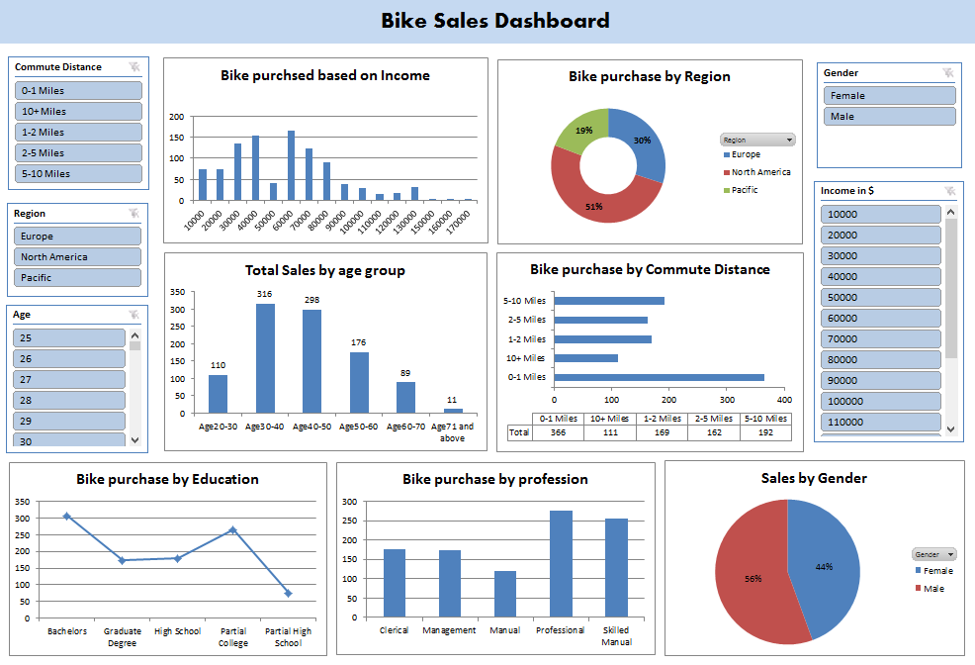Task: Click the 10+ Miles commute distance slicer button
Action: click(x=78, y=112)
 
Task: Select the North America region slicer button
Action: click(x=78, y=257)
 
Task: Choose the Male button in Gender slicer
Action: click(x=889, y=117)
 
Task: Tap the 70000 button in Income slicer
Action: click(x=880, y=339)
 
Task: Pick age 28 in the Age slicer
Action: click(x=69, y=401)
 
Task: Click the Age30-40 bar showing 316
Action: click(x=265, y=357)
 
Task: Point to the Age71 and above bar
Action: click(x=453, y=410)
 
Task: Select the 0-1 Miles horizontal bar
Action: click(x=659, y=377)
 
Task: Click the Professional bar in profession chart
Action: click(x=561, y=564)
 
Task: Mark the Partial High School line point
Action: click(x=288, y=594)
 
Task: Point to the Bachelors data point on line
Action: click(x=67, y=516)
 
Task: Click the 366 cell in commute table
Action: click(x=558, y=432)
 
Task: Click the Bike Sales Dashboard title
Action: click(x=495, y=21)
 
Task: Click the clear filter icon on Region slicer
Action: click(x=133, y=214)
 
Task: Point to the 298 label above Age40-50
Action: click(x=311, y=300)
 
